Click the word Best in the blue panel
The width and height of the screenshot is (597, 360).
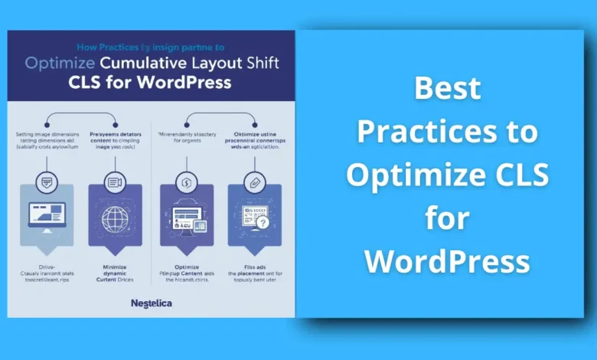[447, 90]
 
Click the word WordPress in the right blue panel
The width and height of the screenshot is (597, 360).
[447, 261]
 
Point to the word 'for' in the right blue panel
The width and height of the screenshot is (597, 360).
[447, 219]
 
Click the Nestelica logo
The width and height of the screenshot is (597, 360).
[151, 303]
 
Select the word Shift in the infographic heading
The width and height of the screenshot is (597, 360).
[254, 63]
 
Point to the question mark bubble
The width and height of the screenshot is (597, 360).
[263, 221]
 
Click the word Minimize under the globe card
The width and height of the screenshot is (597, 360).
[115, 266]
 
